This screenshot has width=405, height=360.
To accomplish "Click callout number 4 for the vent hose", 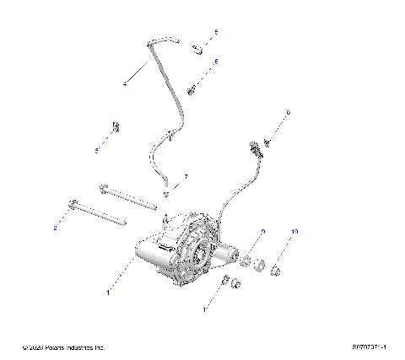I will (125, 83).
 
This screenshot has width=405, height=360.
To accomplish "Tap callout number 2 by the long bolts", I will (55, 228).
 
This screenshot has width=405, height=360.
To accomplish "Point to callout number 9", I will (262, 231).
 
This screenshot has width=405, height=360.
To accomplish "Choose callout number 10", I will (295, 231).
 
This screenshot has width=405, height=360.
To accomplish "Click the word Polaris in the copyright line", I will (52, 347).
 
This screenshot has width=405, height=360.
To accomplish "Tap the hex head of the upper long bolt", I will (102, 186).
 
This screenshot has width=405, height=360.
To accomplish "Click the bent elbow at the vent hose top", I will (152, 42).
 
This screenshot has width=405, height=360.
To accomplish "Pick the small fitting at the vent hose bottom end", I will (165, 194).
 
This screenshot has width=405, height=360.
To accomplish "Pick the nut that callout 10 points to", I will (277, 270).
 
